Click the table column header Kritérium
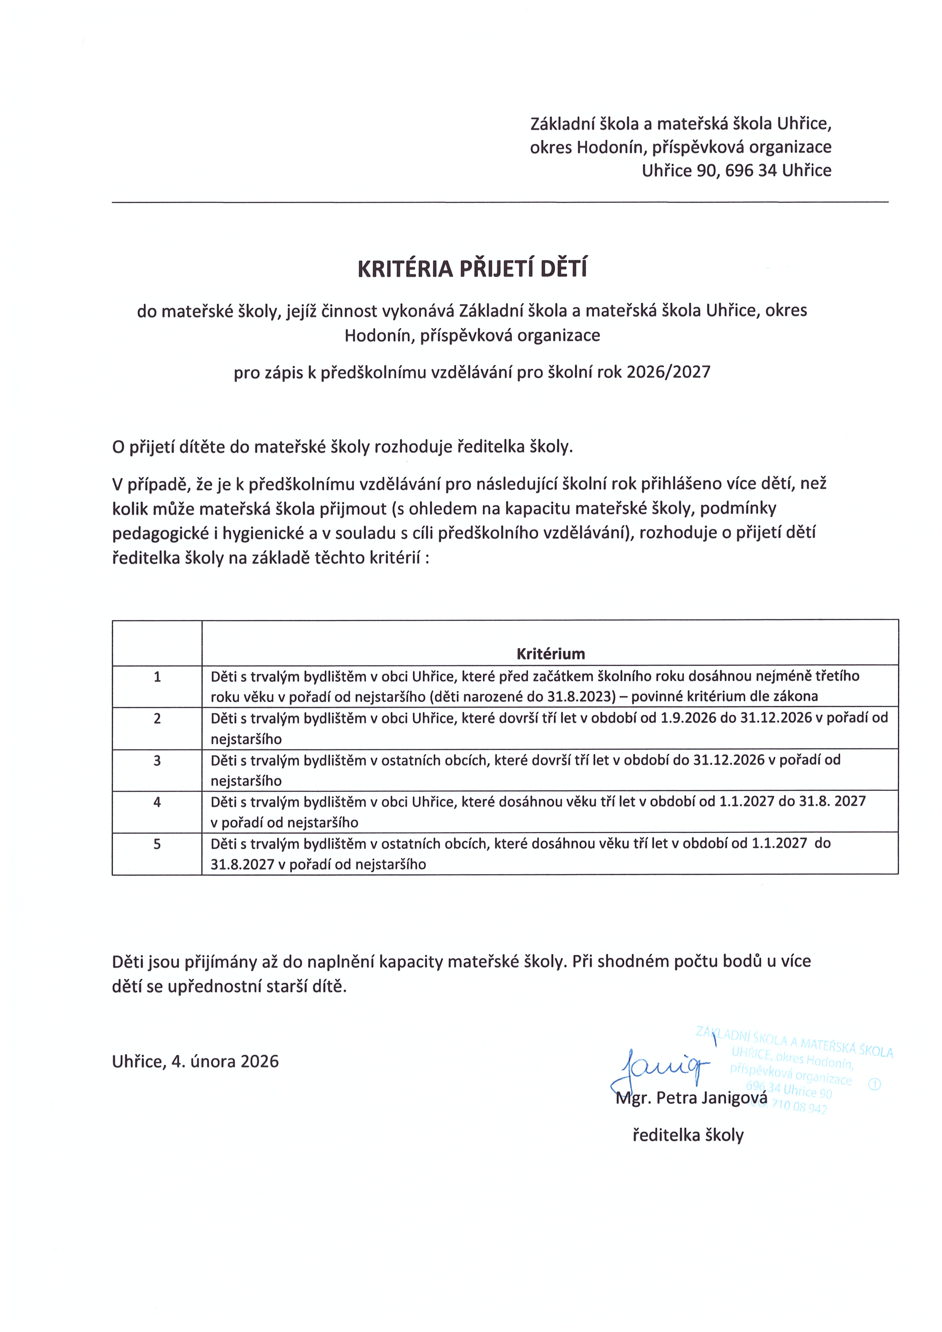coord(551,654)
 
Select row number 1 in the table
coord(157,676)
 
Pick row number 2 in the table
coord(157,718)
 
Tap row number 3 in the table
coord(157,760)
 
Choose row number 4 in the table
coord(157,802)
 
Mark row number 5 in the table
coord(157,844)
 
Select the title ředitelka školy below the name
coord(688,1135)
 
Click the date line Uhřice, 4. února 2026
coord(196,1061)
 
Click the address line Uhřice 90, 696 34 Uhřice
coord(736,171)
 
